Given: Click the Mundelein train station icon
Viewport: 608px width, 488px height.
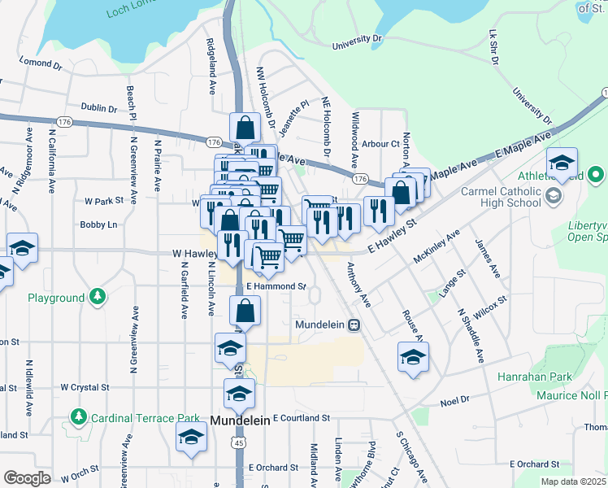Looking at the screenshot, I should [354, 325].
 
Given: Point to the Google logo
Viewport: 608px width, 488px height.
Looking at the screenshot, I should [27, 478].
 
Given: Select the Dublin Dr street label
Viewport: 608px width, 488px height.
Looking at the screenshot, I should [99, 107].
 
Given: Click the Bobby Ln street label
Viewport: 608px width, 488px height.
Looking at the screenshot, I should [98, 224].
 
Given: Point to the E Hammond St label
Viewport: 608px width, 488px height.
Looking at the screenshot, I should [276, 286].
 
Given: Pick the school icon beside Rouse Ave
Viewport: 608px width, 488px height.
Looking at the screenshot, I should [413, 357].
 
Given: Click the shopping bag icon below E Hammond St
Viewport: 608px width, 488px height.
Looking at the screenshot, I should [245, 312].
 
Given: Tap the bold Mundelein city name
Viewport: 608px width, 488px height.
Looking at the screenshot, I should [245, 420].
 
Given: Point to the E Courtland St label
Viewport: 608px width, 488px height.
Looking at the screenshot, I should [302, 417].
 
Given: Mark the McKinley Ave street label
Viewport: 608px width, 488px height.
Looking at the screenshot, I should [436, 244].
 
